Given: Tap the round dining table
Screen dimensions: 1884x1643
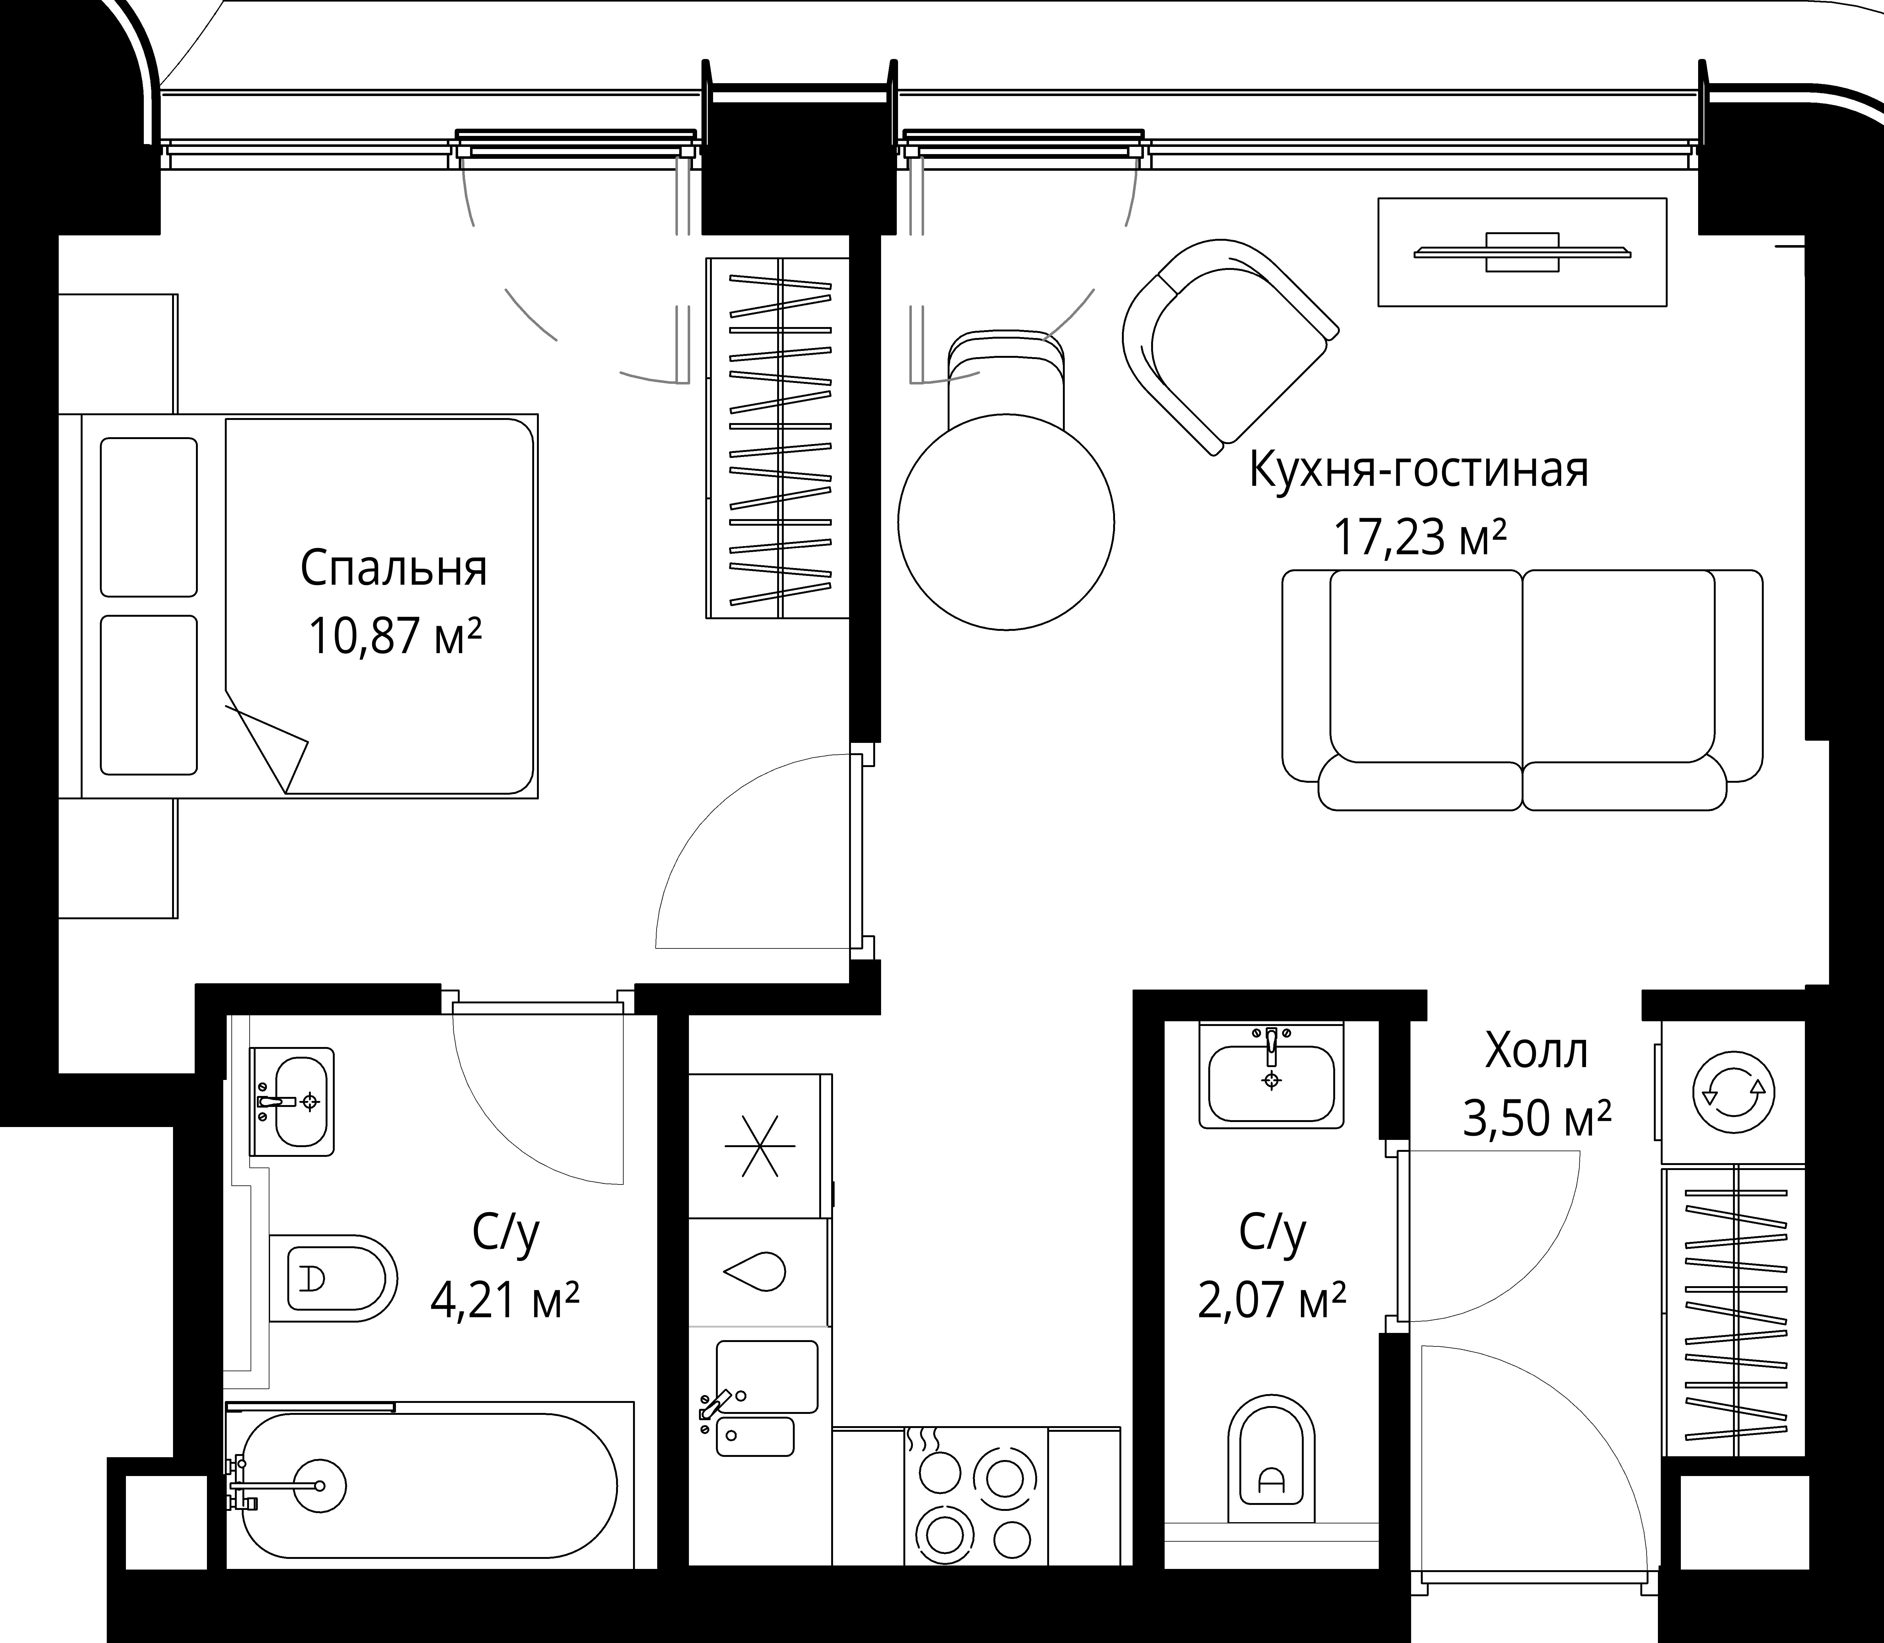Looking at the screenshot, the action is tap(1006, 523).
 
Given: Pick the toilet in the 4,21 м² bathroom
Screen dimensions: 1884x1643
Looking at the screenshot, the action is tap(332, 1277).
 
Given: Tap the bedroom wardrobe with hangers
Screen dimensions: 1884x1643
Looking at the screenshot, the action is tap(778, 437).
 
